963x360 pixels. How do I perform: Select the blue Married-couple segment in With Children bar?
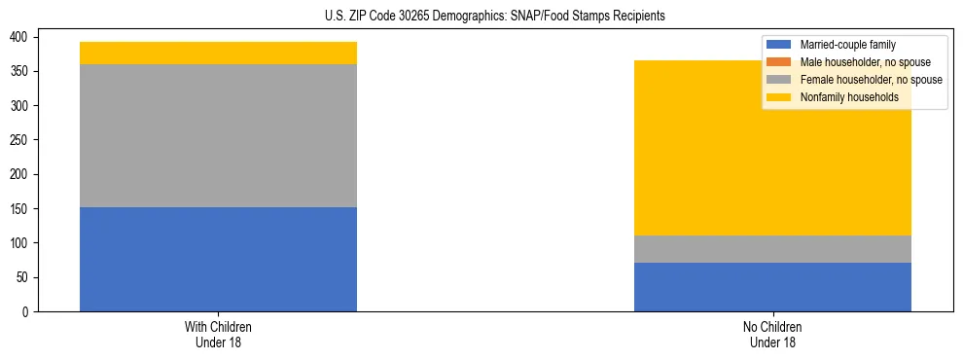218,259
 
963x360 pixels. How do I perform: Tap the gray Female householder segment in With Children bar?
218,135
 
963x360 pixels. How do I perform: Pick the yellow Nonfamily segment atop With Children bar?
218,53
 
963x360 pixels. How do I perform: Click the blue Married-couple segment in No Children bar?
772,287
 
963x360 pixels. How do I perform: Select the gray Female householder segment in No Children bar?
772,249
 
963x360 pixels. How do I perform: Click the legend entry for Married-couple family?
847,45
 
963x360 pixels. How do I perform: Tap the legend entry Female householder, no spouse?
871,80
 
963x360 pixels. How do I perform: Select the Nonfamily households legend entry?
848,97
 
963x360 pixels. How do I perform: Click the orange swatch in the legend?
778,62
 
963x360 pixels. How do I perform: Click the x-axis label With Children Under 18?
218,335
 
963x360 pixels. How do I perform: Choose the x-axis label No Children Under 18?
772,335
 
